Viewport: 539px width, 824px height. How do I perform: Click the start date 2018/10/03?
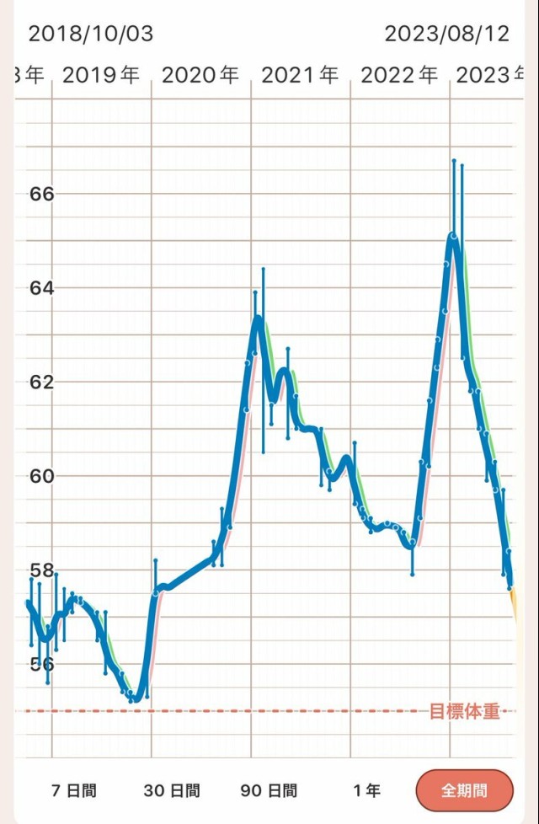[91, 34]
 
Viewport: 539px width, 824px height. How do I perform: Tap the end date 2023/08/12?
[447, 34]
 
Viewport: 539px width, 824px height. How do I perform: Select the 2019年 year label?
[101, 75]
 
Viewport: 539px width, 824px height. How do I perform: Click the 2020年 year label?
[200, 75]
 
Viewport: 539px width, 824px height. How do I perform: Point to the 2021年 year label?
[300, 75]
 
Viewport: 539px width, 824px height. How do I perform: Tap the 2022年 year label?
[399, 75]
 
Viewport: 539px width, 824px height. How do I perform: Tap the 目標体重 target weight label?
[465, 712]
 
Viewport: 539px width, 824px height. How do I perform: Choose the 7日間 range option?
[74, 790]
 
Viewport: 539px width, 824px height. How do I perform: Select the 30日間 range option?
[172, 790]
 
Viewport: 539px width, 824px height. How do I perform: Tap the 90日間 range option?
[269, 790]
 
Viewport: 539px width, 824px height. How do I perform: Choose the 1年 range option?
[366, 790]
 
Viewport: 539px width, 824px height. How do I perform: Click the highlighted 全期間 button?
[465, 791]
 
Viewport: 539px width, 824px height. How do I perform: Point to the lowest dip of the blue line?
[135, 698]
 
